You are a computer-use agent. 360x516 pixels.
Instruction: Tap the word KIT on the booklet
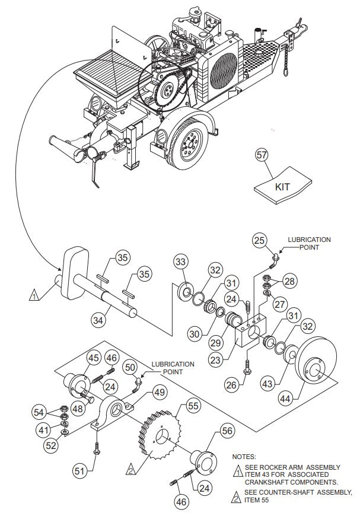pyautogui.click(x=283, y=186)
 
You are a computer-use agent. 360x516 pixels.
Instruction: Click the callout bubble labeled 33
pyautogui.click(x=181, y=261)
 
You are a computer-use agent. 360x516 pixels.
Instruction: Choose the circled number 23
pyautogui.click(x=216, y=359)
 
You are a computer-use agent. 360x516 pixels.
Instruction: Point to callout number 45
pyautogui.click(x=93, y=358)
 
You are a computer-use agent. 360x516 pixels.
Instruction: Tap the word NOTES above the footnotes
pyautogui.click(x=244, y=457)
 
